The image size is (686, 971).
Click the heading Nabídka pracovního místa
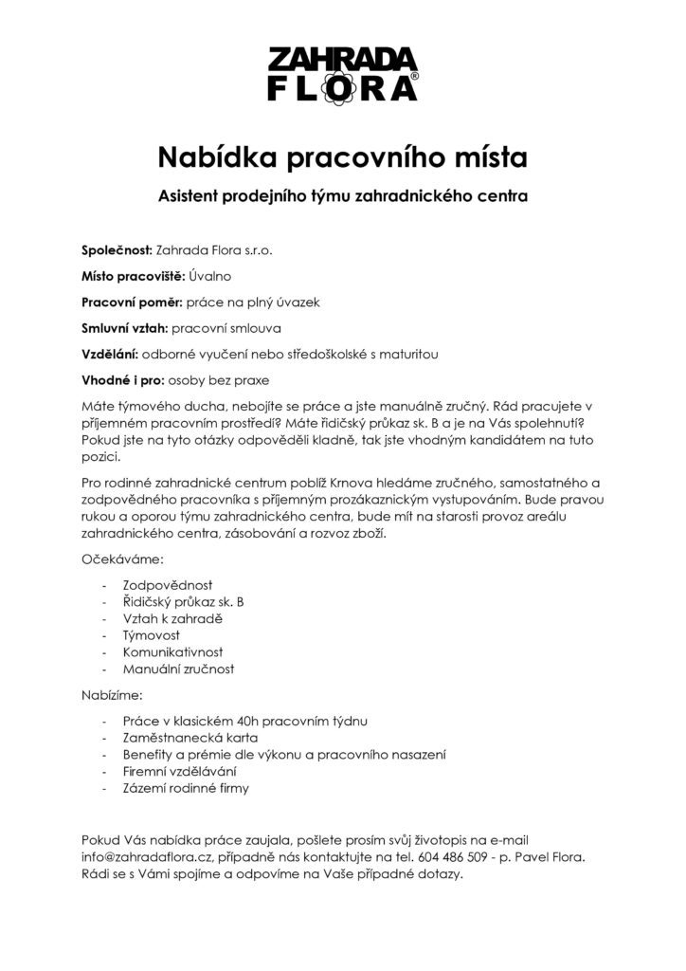342,154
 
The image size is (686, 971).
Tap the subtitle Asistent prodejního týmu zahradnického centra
342,197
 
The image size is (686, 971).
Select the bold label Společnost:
117,250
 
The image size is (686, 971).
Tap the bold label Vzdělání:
109,355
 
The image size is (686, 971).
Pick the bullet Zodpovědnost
168,586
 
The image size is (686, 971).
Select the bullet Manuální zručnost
178,669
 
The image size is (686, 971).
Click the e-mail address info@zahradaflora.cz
147,856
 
